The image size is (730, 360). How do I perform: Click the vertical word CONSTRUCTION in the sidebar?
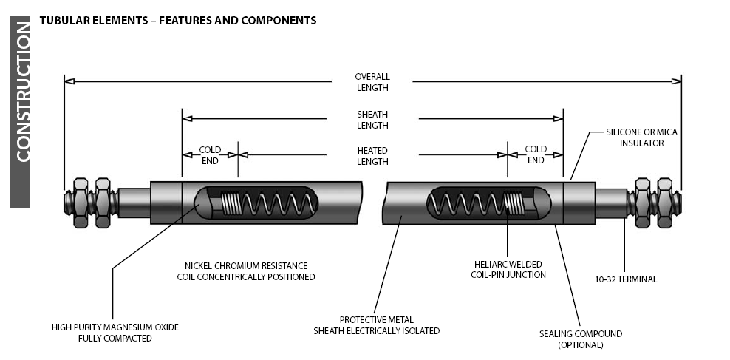pyautogui.click(x=22, y=93)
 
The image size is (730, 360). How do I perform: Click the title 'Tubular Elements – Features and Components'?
pyautogui.click(x=177, y=21)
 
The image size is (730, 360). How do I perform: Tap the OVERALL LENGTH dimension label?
pyautogui.click(x=372, y=82)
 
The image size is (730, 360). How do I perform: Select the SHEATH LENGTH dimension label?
pyautogui.click(x=372, y=120)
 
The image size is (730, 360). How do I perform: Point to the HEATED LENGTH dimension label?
pyautogui.click(x=372, y=156)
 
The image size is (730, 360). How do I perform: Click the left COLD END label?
pyautogui.click(x=210, y=154)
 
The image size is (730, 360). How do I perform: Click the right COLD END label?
pyautogui.click(x=536, y=154)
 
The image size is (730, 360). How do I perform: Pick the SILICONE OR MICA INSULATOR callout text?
pyautogui.click(x=641, y=137)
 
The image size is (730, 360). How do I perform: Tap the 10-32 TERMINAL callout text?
pyautogui.click(x=626, y=279)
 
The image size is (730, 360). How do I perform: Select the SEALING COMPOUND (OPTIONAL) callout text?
pyautogui.click(x=580, y=339)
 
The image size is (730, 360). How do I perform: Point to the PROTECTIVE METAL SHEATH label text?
pyautogui.click(x=377, y=325)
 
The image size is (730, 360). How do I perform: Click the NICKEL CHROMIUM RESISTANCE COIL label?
pyautogui.click(x=246, y=271)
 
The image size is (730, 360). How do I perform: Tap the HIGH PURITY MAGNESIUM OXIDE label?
pyautogui.click(x=115, y=333)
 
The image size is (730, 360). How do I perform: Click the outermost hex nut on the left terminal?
pyautogui.click(x=80, y=201)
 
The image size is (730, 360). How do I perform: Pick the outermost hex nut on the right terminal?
pyautogui.click(x=664, y=201)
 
